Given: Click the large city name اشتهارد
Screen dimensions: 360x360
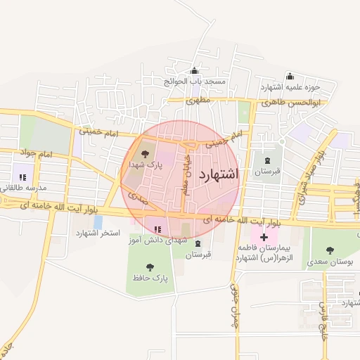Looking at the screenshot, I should (219, 173).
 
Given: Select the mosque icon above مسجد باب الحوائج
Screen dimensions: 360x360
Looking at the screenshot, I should (194, 71).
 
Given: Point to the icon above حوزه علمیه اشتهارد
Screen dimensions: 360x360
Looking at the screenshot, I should (289, 77).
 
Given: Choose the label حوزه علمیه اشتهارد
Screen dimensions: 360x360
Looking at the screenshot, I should (290, 87).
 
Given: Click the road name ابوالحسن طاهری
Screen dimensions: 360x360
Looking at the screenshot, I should (290, 103).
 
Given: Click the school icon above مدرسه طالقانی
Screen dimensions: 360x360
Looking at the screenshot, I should (22, 177).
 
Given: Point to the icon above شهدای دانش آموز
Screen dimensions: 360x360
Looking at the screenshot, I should (157, 229).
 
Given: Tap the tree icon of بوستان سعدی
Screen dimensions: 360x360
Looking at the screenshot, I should (330, 250).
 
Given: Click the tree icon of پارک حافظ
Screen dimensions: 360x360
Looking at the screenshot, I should (150, 266).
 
